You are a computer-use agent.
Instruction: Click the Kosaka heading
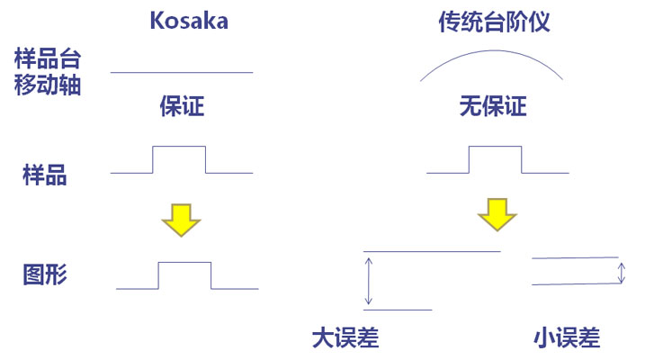point(189,21)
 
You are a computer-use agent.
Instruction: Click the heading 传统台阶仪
point(494,21)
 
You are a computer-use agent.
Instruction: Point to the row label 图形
point(44,275)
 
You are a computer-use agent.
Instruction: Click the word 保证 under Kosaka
point(182,107)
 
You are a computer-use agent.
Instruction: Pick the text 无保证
point(492,107)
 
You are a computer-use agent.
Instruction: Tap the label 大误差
point(345,337)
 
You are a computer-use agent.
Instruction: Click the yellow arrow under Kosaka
point(182,219)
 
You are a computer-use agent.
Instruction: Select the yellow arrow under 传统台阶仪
point(497,214)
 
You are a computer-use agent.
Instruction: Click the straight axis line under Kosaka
point(182,72)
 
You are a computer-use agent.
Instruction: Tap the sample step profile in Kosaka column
point(180,147)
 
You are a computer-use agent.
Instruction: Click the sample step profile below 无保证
point(496,147)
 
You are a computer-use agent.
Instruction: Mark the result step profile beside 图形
point(185,264)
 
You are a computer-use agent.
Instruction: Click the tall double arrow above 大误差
point(368,280)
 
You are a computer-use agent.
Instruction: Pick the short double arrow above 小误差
point(621,272)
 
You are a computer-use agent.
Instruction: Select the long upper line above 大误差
point(431,252)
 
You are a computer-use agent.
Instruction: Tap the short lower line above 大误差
point(397,310)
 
